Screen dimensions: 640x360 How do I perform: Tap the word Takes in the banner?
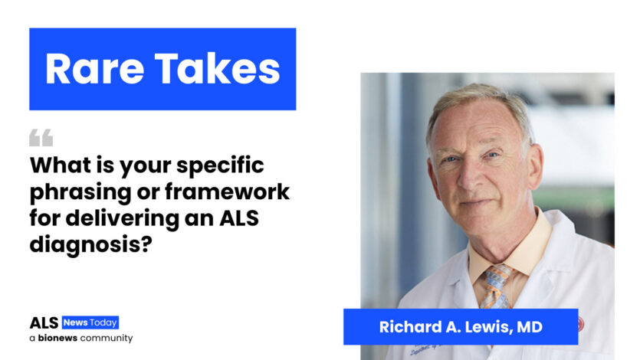tap(217, 68)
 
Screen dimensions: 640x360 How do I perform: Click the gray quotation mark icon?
tap(41, 137)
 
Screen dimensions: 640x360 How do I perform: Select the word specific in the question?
tap(220, 166)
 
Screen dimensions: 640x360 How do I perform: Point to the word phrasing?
tap(80, 192)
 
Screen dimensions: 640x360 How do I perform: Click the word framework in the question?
tap(228, 191)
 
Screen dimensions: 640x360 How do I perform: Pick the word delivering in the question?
tap(123, 218)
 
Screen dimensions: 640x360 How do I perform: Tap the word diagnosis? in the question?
tap(90, 244)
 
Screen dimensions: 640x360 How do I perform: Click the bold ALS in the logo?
tap(44, 323)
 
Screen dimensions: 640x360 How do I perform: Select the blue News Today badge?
tap(90, 322)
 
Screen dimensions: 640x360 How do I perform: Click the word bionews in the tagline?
tap(57, 338)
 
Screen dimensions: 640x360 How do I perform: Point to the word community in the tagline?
tap(107, 339)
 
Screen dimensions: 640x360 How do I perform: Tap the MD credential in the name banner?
tap(530, 327)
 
